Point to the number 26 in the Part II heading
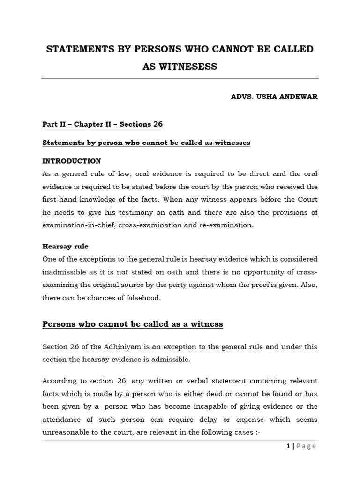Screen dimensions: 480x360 157,124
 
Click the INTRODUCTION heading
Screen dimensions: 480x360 72,161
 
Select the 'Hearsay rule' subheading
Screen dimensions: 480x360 65,246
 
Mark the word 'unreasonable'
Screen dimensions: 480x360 69,432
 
